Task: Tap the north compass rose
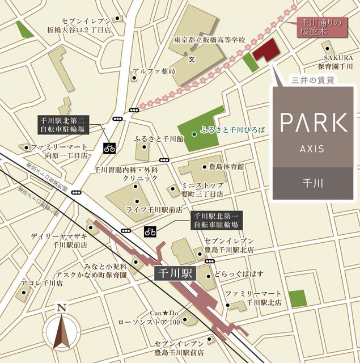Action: pyautogui.click(x=62, y=330)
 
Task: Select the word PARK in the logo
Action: pyautogui.click(x=314, y=123)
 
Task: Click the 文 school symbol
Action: pyautogui.click(x=192, y=58)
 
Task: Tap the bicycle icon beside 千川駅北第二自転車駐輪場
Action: pyautogui.click(x=109, y=149)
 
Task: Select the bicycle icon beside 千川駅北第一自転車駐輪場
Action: pyautogui.click(x=150, y=231)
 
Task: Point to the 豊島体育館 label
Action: pyautogui.click(x=226, y=167)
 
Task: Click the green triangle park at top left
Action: pyautogui.click(x=24, y=30)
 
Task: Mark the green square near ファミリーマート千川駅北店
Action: pyautogui.click(x=296, y=299)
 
